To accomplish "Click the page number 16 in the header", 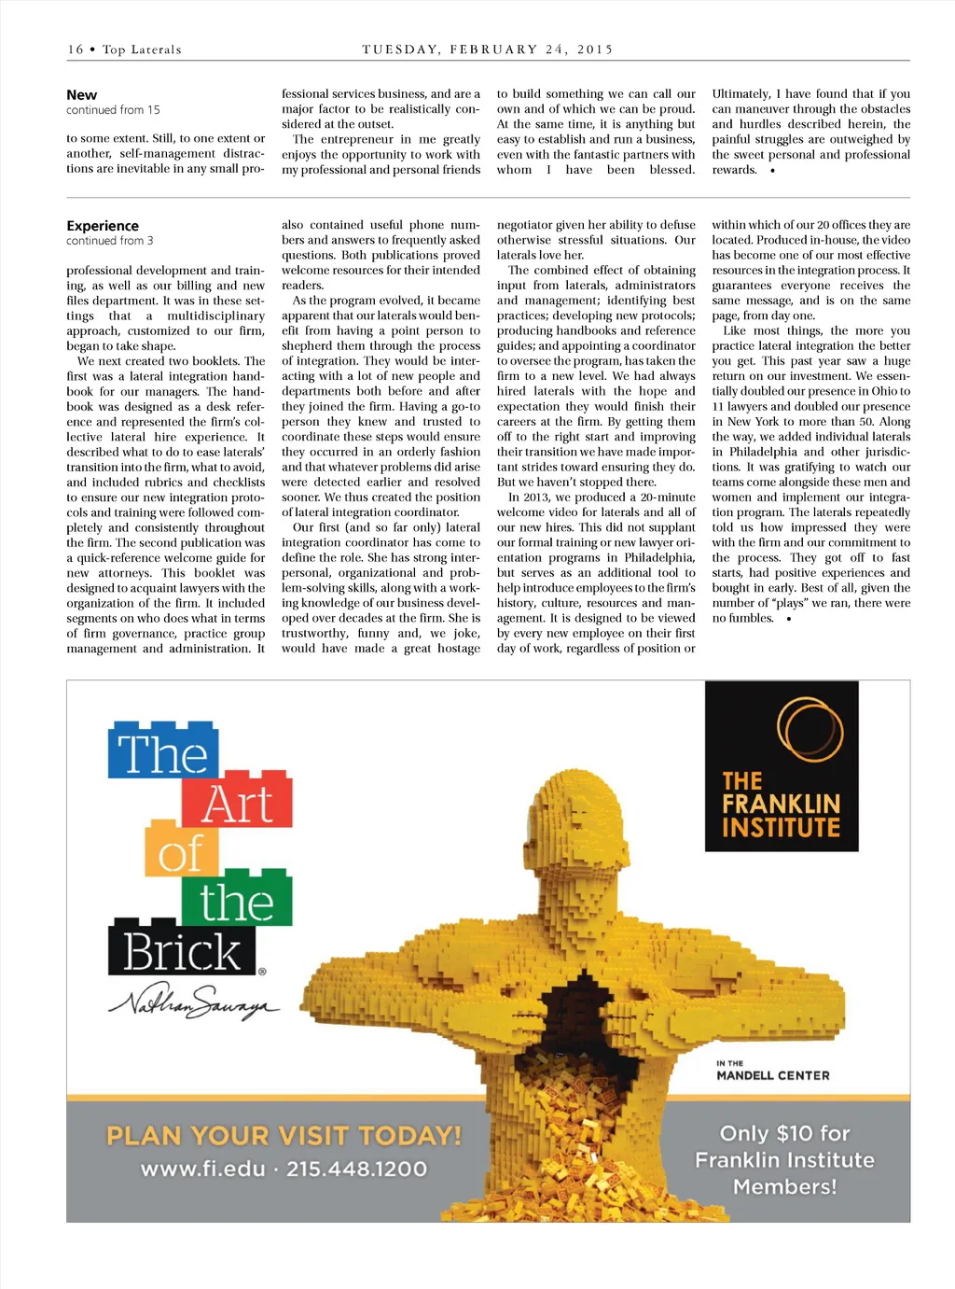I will [75, 49].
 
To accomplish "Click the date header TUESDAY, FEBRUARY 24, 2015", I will [487, 49].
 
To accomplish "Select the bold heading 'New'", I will [82, 95].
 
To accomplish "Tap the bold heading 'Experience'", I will [103, 226].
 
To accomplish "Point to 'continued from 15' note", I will [113, 110].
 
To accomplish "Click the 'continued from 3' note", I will [110, 241].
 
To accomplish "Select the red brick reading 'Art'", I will [237, 802].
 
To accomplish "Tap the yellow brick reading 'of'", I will [181, 851].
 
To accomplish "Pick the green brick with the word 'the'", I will [236, 901].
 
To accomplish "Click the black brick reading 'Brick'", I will [183, 951].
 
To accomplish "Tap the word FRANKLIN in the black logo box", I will [782, 804].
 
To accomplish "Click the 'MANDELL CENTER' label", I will [772, 1075].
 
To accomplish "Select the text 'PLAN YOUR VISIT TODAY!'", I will [284, 1136].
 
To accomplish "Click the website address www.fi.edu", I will [202, 1169].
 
